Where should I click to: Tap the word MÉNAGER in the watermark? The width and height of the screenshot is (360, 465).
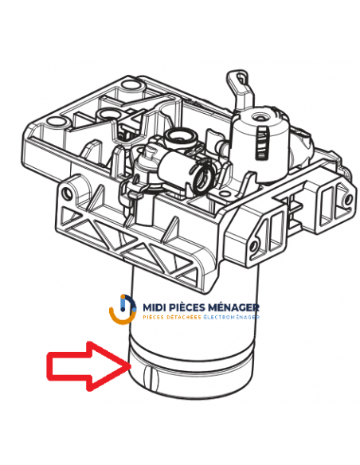pos(236,307)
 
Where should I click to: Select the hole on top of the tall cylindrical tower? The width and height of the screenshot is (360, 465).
pos(259,117)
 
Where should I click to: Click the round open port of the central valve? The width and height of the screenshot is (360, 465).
pos(205,174)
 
